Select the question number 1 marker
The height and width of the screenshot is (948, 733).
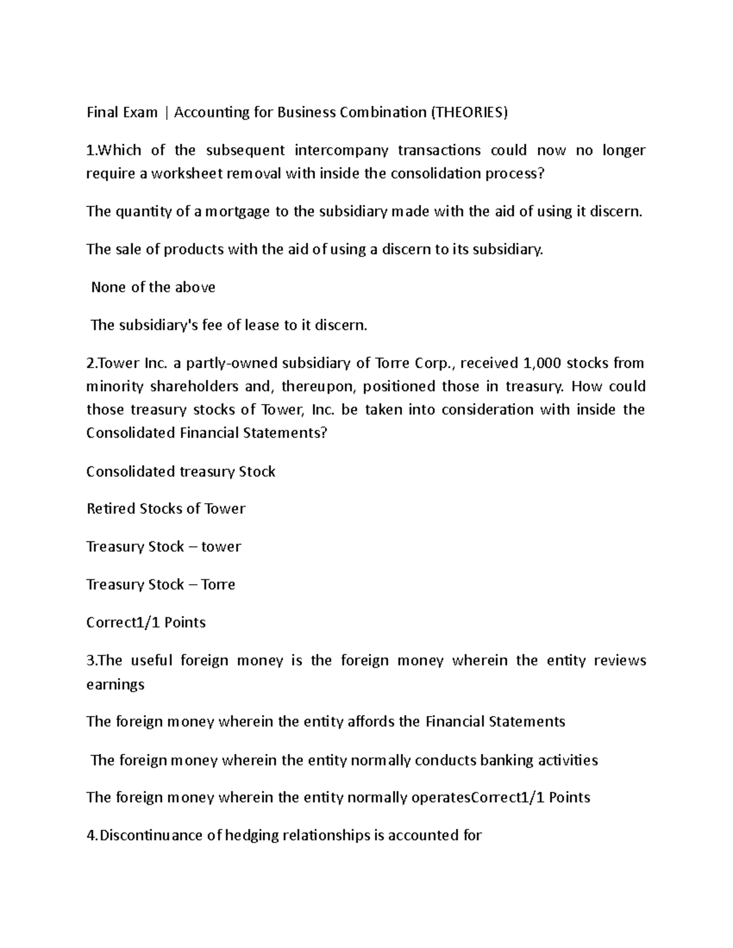pos(90,150)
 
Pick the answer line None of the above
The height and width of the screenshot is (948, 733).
pos(153,287)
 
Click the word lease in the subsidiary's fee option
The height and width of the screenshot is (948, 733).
pos(261,325)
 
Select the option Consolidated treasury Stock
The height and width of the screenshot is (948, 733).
pos(181,471)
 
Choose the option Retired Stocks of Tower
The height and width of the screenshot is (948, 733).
pos(166,508)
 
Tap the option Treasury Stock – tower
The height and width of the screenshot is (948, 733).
pos(164,546)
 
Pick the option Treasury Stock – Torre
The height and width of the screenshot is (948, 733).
pos(161,584)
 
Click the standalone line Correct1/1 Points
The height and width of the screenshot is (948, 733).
pos(146,622)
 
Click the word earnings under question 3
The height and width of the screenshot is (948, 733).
pos(115,684)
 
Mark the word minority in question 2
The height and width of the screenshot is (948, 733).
pos(115,386)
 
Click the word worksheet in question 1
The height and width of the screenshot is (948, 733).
pos(186,173)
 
